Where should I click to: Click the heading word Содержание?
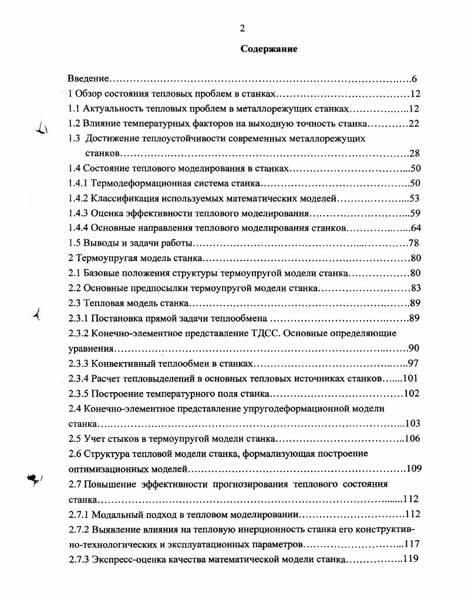(x=269, y=49)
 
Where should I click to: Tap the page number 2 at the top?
(x=241, y=29)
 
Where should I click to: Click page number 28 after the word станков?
(x=414, y=154)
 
